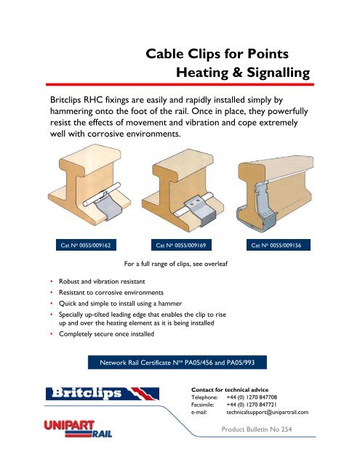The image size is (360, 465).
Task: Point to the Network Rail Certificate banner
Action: [180, 363]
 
